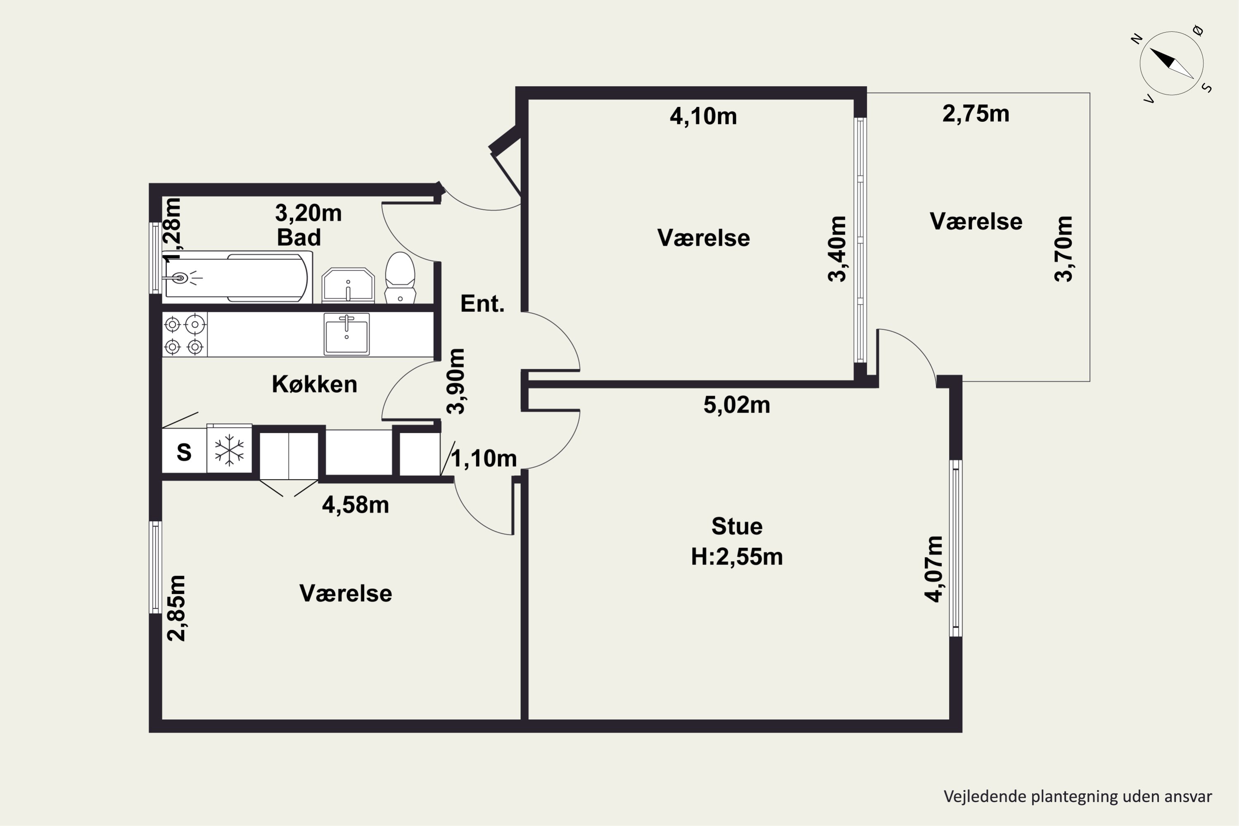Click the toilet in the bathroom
click(400, 278)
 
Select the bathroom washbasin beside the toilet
click(348, 285)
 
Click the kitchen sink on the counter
click(347, 334)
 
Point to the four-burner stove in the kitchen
click(184, 335)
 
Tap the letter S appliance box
click(184, 452)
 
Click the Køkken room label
click(314, 384)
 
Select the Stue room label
click(737, 526)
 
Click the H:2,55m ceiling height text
click(737, 557)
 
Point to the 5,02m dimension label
click(736, 405)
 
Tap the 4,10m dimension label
click(703, 116)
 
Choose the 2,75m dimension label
click(976, 114)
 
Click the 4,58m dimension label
click(356, 505)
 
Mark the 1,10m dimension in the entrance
click(484, 458)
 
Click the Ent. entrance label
click(482, 304)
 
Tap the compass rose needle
click(1172, 63)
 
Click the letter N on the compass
click(1137, 38)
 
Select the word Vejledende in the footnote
click(985, 797)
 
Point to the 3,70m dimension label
click(1063, 249)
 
